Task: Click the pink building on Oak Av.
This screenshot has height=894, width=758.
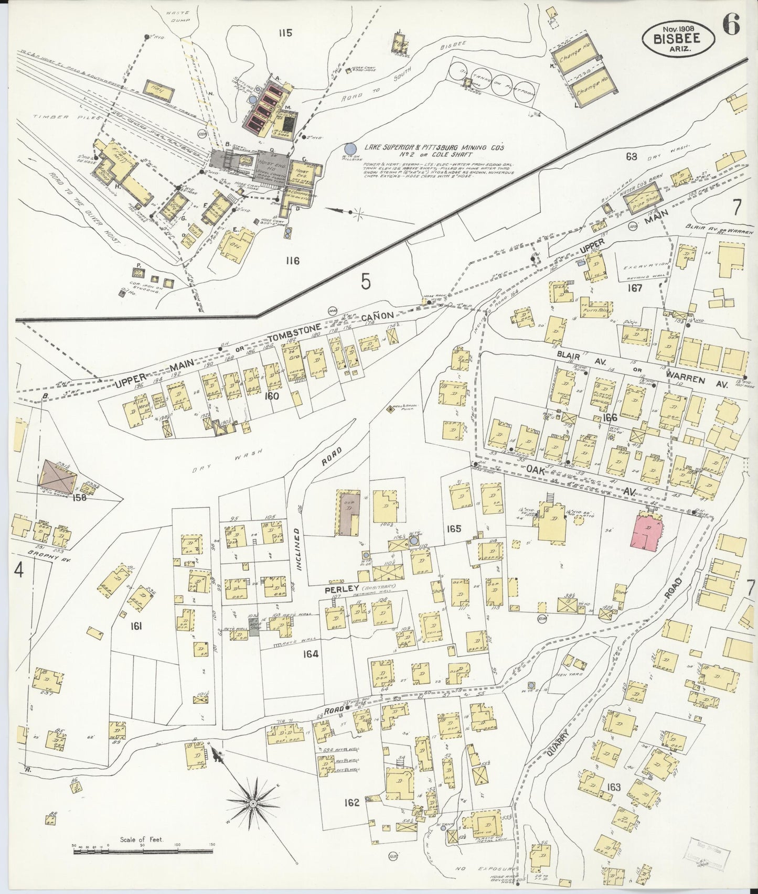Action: click(x=648, y=532)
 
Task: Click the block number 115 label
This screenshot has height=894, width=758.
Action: click(x=285, y=34)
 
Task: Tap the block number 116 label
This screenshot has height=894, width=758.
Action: click(x=292, y=261)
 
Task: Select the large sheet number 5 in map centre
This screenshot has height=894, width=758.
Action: click(x=366, y=282)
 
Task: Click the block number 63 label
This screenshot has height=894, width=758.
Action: click(x=631, y=156)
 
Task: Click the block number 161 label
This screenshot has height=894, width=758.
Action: click(x=137, y=626)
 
